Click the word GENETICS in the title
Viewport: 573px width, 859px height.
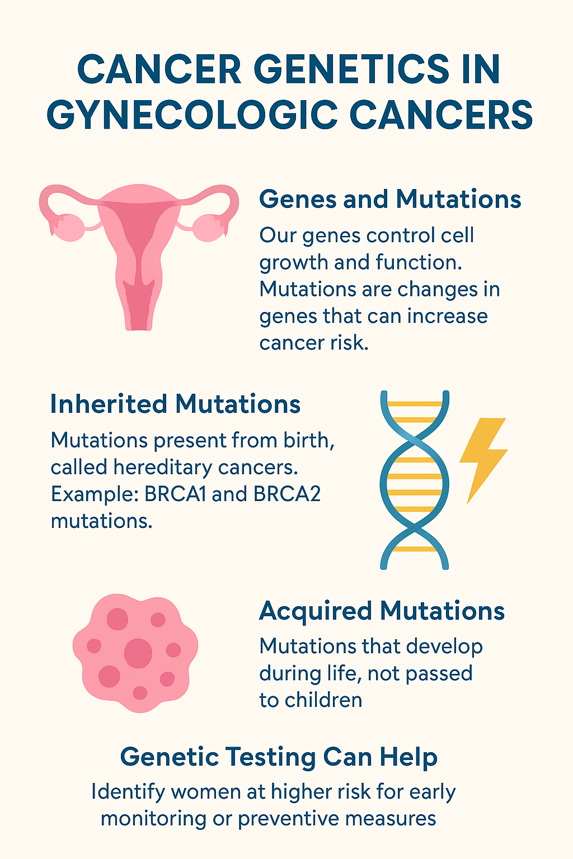(351, 69)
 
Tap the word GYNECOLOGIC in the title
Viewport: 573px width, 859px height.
(192, 115)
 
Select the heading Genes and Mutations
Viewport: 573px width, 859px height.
(390, 200)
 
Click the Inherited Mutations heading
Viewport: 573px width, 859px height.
(175, 404)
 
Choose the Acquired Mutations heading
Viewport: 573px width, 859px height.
(382, 611)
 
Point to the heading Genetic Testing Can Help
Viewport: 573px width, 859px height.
(279, 757)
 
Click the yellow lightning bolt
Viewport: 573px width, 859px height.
(483, 461)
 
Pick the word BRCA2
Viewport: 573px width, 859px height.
(286, 494)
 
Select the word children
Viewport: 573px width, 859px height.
(323, 700)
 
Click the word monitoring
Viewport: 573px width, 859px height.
(153, 819)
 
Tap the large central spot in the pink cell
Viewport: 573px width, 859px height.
(138, 653)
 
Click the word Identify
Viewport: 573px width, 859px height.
(129, 792)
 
